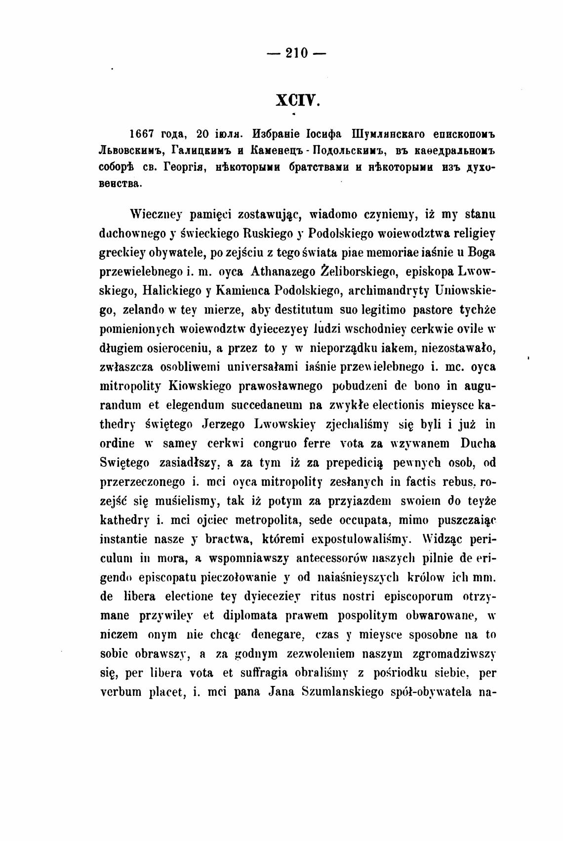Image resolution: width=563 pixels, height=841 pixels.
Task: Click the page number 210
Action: [x=296, y=52]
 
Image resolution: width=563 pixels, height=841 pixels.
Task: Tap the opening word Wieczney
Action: [x=156, y=215]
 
